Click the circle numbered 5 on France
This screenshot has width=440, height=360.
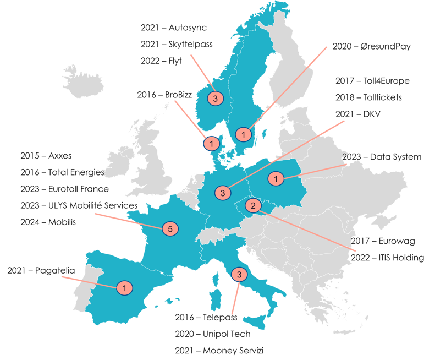click(170, 228)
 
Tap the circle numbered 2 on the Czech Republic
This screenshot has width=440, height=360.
click(253, 206)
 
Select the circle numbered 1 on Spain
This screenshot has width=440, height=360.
click(125, 287)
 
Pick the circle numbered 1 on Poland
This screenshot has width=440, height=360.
click(276, 178)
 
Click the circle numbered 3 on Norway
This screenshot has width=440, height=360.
click(216, 99)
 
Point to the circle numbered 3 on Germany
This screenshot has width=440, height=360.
click(223, 193)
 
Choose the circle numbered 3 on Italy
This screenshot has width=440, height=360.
click(239, 274)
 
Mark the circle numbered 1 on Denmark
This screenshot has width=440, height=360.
click(211, 143)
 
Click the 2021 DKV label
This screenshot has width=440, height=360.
click(357, 113)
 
